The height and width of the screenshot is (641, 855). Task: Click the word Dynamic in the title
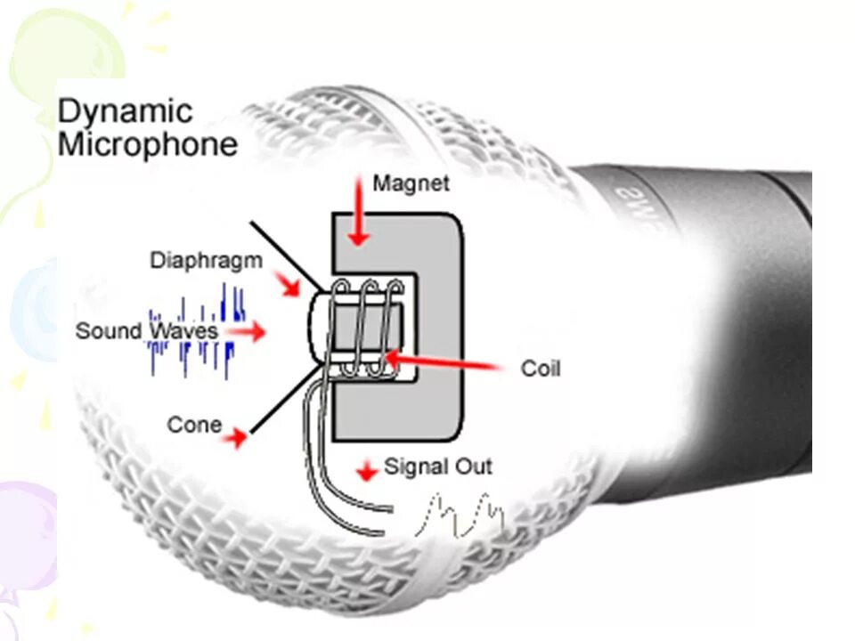(125, 112)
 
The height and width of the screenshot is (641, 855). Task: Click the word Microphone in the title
(148, 143)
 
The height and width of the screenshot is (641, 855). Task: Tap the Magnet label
(411, 183)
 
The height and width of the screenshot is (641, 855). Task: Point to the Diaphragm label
(206, 261)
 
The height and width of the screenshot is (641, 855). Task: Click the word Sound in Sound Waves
(109, 331)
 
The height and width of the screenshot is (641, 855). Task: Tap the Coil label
(541, 368)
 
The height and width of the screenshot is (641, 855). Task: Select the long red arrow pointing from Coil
(445, 362)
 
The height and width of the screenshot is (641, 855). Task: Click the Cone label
(194, 425)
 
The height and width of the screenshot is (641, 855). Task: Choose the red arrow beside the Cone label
(235, 437)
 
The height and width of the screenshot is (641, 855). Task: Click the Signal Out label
(437, 467)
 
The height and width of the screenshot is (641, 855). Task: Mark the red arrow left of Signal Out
(365, 469)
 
